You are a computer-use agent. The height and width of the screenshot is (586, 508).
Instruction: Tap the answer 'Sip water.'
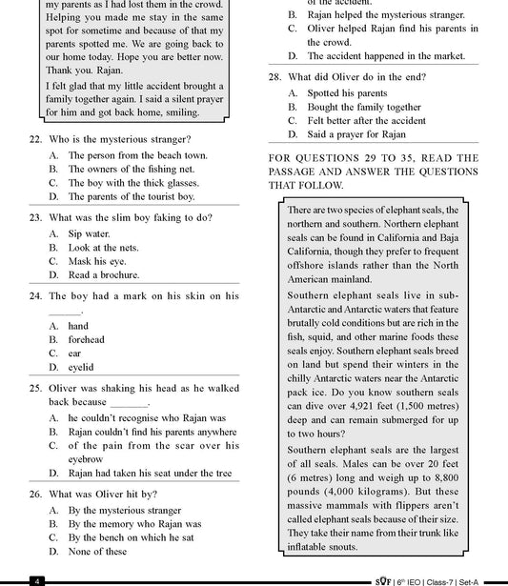point(89,232)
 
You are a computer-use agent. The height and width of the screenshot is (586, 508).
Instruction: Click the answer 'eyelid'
point(80,367)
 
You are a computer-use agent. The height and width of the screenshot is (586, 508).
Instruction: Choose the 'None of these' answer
point(97,551)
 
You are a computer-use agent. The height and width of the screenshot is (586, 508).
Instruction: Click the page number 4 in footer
point(35,580)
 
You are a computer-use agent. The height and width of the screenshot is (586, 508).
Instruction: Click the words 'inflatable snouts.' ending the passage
point(322,547)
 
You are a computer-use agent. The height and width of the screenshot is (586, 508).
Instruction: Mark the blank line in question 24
point(65,311)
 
